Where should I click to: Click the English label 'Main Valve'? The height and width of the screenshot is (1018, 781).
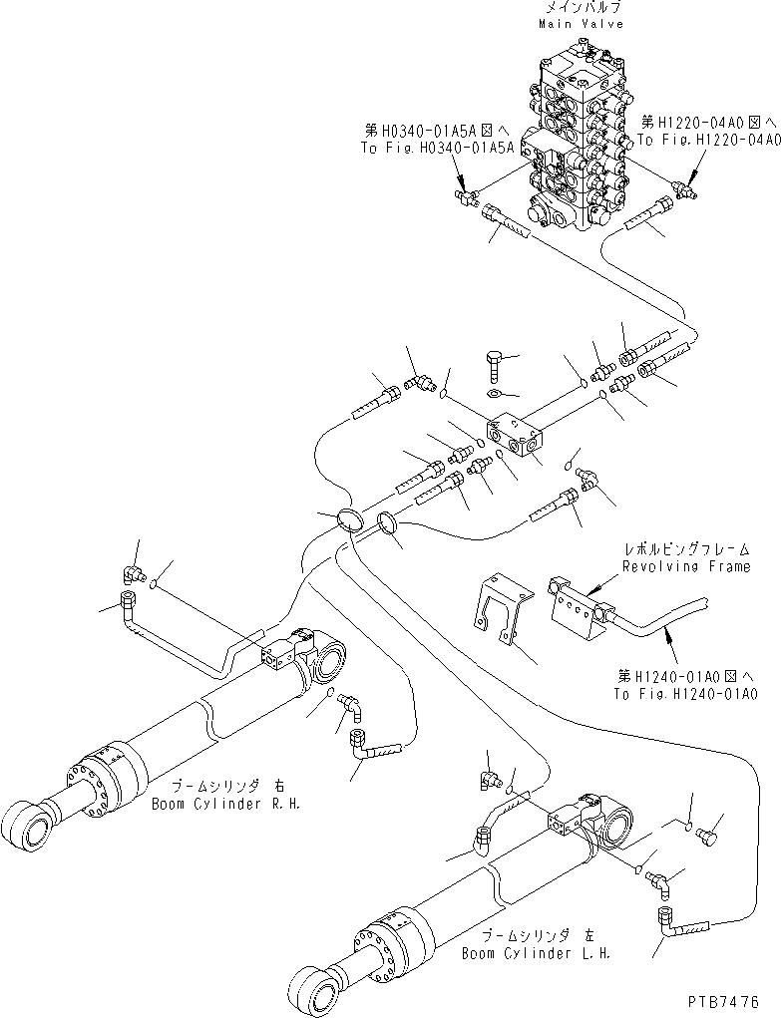[581, 23]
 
